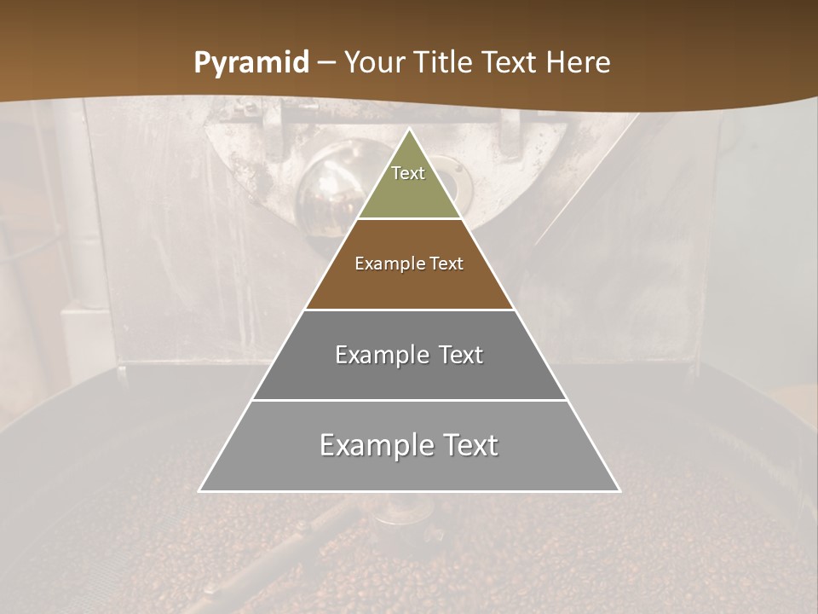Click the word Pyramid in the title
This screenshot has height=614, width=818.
point(251,63)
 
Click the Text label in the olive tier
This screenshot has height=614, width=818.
point(408,173)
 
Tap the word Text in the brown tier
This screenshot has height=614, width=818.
point(446,264)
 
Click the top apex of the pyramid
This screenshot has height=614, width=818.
point(409,130)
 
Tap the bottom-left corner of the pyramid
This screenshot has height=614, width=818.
point(200,490)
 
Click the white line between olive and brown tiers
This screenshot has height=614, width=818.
point(409,218)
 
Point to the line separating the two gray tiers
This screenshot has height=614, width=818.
point(409,400)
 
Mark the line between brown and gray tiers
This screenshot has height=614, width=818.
point(409,310)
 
